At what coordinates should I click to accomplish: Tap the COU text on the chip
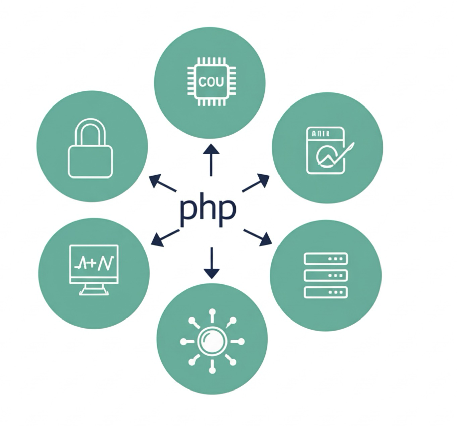(x=211, y=81)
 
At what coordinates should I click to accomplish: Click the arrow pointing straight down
(x=211, y=263)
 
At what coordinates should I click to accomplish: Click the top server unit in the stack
(x=325, y=259)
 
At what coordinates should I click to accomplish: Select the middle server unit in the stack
(x=325, y=275)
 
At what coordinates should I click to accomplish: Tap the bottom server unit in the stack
(x=325, y=292)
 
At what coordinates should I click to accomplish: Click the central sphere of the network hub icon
(x=212, y=342)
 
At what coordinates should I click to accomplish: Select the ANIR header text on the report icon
(x=321, y=134)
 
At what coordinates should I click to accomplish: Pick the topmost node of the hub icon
(x=212, y=312)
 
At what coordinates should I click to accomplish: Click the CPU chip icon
(x=211, y=81)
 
